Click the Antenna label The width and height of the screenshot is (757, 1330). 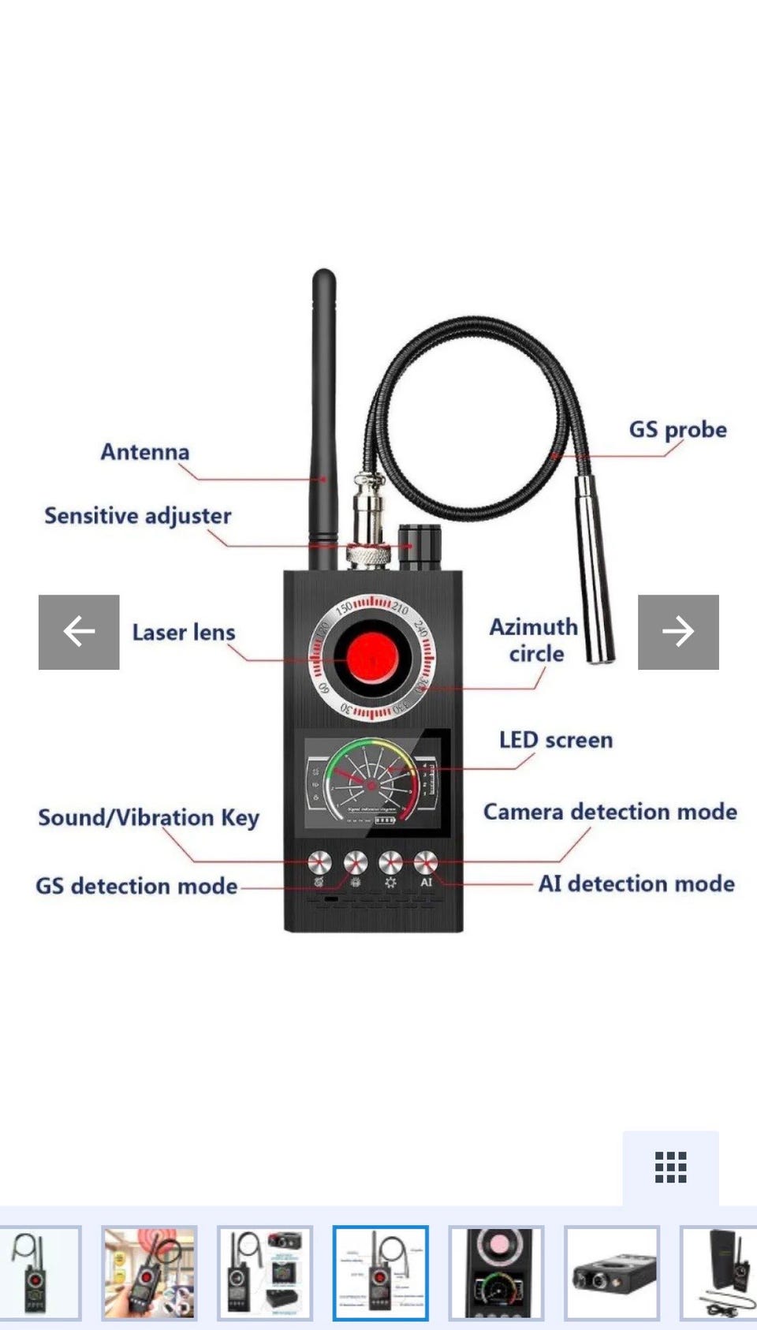145,452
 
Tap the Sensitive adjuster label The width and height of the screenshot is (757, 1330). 138,516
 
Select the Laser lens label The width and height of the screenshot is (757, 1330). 184,633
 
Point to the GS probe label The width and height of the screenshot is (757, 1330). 677,430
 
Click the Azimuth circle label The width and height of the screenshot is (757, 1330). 534,640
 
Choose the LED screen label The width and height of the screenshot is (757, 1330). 556,740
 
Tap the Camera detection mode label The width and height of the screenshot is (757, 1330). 610,812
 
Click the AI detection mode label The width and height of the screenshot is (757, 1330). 636,884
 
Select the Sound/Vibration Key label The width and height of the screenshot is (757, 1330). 148,818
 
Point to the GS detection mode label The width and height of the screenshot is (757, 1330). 136,886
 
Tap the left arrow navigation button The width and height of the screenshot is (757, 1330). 79,632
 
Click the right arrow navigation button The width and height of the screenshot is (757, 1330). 678,632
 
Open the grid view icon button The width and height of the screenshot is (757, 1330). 670,1167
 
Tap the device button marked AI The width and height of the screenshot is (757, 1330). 425,862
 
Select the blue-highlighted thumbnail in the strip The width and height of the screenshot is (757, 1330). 380,1272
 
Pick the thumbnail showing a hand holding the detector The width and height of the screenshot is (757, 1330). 149,1272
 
